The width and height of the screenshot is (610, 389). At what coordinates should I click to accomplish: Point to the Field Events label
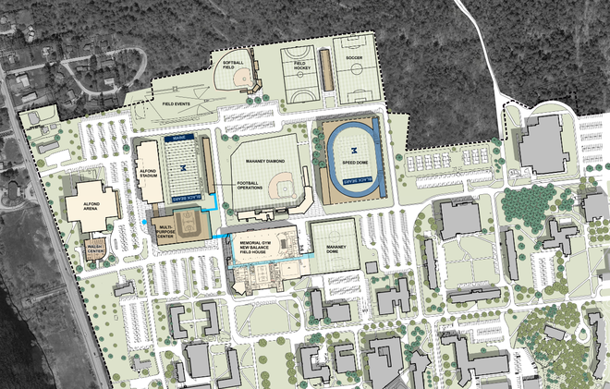pos(177,104)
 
